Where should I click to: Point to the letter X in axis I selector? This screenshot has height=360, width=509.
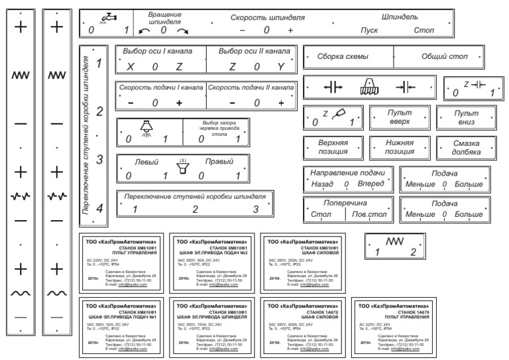(x=130, y=67)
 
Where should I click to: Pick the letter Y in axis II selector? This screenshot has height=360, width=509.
(x=281, y=67)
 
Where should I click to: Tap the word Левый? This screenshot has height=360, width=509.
(x=146, y=161)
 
